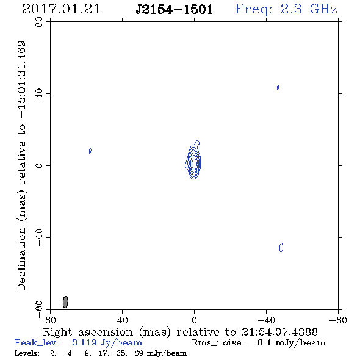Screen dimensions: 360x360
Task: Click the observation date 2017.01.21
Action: click(61, 9)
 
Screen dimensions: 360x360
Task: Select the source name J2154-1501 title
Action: click(175, 10)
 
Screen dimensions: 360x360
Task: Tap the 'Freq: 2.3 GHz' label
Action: click(286, 10)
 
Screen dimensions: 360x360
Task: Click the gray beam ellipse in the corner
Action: click(65, 302)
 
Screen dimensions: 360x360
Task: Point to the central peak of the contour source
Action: click(194, 164)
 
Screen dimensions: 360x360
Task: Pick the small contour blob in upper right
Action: click(278, 87)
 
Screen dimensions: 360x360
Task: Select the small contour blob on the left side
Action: click(90, 151)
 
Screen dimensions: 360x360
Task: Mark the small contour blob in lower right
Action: click(281, 248)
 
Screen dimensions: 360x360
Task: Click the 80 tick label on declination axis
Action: click(39, 22)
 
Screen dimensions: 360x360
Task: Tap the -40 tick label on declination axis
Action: click(39, 237)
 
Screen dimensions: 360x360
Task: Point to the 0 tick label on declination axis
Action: click(39, 165)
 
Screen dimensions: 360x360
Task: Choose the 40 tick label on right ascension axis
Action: click(123, 320)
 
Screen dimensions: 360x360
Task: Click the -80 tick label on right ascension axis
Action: click(337, 320)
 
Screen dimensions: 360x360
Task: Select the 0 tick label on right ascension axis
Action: click(194, 320)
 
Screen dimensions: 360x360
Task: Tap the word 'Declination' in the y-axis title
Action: click(21, 259)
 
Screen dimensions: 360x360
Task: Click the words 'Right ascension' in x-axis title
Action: click(88, 332)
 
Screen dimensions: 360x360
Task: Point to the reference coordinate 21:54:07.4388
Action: click(279, 332)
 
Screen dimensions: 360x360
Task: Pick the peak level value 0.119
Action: click(84, 342)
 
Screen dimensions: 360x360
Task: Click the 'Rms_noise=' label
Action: click(220, 343)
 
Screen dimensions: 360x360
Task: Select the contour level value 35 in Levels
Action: click(121, 353)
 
